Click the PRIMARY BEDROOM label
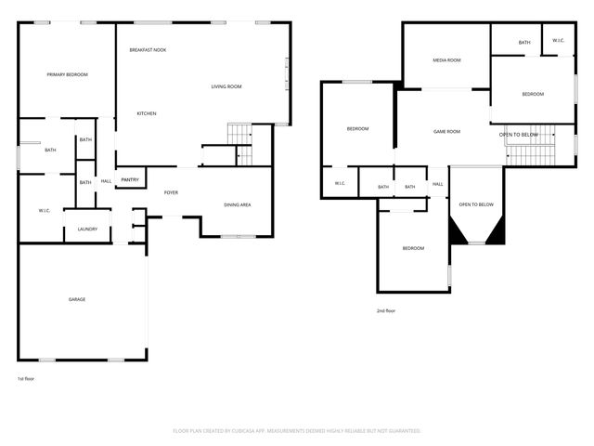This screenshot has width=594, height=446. [x=68, y=74]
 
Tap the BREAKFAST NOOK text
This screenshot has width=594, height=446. [x=148, y=49]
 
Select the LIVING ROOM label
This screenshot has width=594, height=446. [x=226, y=86]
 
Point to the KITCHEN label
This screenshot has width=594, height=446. [x=147, y=113]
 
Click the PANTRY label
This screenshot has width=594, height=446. [x=130, y=180]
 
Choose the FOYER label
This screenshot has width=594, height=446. [x=171, y=192]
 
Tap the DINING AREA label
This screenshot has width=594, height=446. [x=238, y=204]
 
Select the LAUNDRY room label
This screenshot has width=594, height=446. [x=87, y=229]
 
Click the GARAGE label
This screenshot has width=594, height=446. [x=77, y=299]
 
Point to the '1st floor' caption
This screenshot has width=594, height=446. [x=27, y=378]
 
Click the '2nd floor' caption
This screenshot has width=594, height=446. [x=385, y=310]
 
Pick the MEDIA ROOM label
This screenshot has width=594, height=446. [x=446, y=59]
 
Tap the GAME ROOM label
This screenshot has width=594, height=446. [x=447, y=132]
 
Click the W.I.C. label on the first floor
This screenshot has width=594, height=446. [x=45, y=211]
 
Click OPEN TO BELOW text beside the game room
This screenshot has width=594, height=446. [x=519, y=135]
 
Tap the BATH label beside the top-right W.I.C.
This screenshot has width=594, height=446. [x=524, y=42]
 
